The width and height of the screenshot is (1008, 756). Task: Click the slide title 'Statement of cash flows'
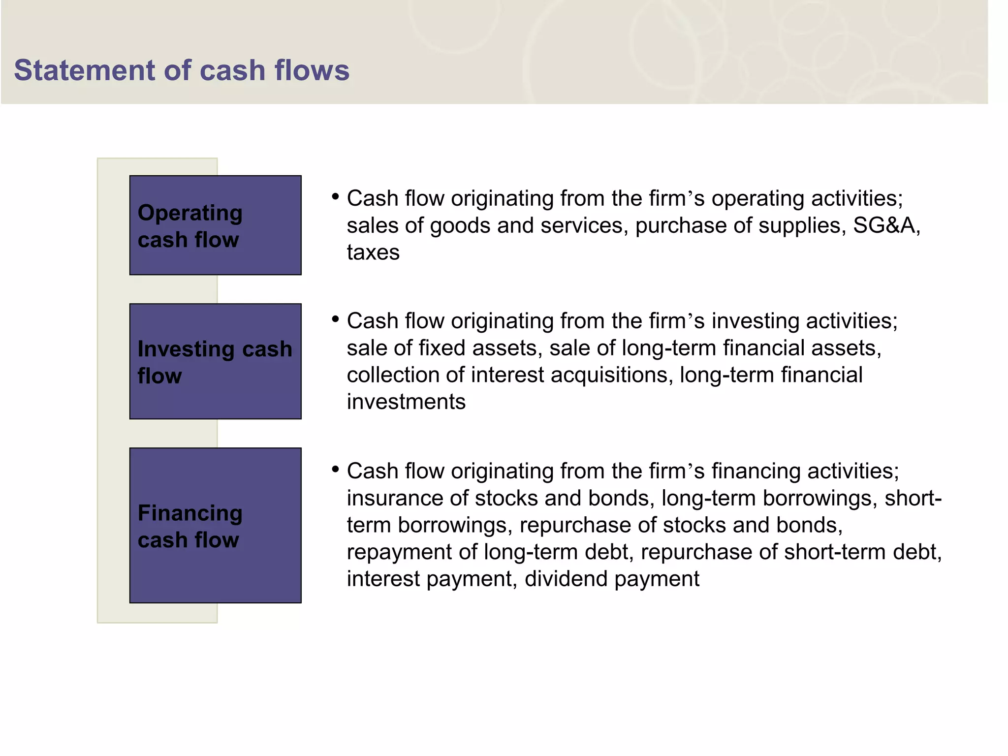[x=182, y=70]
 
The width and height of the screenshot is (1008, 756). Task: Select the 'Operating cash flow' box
[x=216, y=225]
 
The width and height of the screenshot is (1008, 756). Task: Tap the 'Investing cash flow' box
[x=216, y=361]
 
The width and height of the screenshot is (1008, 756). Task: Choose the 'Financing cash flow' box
[x=216, y=525]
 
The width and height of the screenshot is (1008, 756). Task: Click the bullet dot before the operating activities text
[x=336, y=197]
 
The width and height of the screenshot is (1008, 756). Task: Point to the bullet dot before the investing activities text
[x=336, y=319]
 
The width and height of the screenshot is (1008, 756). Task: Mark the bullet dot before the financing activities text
[x=336, y=470]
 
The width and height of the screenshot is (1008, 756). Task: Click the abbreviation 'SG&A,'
[x=886, y=225]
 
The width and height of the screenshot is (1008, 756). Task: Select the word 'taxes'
[x=373, y=252]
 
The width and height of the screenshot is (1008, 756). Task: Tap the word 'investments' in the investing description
[x=406, y=402]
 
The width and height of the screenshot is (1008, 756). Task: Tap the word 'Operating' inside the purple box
[x=190, y=213]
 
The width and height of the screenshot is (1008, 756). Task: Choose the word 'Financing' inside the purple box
[x=190, y=513]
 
